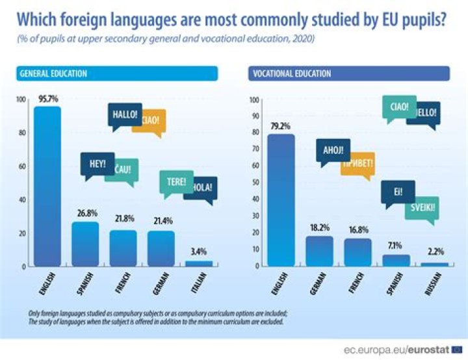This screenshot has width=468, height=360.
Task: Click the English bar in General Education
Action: click(x=47, y=186)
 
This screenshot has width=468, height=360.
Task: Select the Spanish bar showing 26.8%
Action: click(x=85, y=244)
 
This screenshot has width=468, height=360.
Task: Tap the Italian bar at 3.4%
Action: click(x=199, y=263)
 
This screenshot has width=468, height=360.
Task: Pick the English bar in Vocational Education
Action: click(x=281, y=200)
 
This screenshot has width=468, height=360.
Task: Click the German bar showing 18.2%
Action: click(x=319, y=251)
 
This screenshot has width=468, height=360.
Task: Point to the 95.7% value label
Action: click(x=48, y=99)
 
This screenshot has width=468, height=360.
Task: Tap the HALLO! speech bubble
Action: click(x=124, y=115)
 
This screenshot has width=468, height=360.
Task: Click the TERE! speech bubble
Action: click(x=176, y=182)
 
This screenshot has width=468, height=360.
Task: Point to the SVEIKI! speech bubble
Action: click(x=422, y=209)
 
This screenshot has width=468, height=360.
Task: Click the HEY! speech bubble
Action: click(x=97, y=164)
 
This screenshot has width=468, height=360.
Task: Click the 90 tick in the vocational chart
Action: click(x=254, y=117)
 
